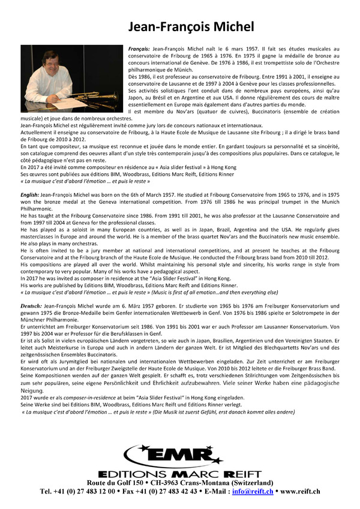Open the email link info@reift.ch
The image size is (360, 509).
[x=256, y=491]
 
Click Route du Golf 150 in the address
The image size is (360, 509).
[x=115, y=483]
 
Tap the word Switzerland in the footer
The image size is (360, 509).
[x=253, y=483]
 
